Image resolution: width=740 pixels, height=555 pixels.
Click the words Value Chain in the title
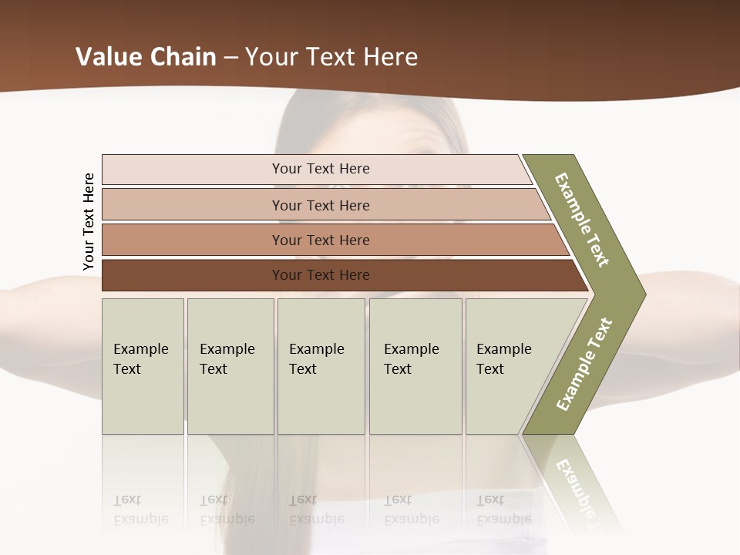pyautogui.click(x=146, y=57)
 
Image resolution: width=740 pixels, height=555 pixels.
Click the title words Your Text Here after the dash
pyautogui.click(x=331, y=57)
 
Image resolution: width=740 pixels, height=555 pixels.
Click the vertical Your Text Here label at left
pyautogui.click(x=89, y=222)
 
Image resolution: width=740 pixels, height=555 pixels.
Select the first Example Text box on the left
pyautogui.click(x=143, y=366)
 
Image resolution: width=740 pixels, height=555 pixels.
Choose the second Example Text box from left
pyautogui.click(x=230, y=366)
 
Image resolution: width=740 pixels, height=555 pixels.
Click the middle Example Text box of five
pyautogui.click(x=321, y=366)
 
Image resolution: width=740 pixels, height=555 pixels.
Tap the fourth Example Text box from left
pyautogui.click(x=415, y=366)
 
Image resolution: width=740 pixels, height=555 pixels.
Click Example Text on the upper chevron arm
pyautogui.click(x=582, y=220)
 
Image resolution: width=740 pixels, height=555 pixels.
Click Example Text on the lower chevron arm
pyautogui.click(x=584, y=364)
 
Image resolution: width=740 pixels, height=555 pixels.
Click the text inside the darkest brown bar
pyautogui.click(x=321, y=275)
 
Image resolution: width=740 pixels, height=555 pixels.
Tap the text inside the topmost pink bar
pyautogui.click(x=321, y=169)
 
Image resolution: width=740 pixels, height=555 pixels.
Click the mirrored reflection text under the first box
pyautogui.click(x=140, y=510)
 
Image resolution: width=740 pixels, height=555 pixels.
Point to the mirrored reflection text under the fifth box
pyautogui.click(x=503, y=510)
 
